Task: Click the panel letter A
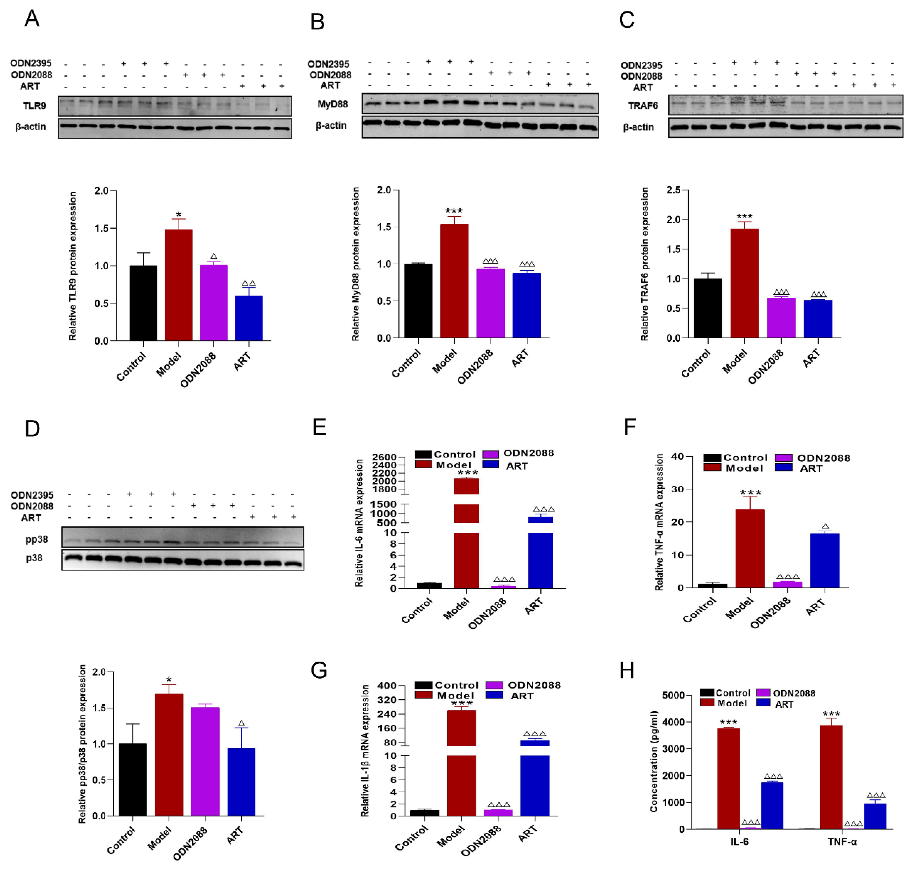(32, 19)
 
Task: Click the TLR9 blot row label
(34, 106)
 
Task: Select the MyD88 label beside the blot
(332, 104)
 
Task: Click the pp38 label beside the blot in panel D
(37, 539)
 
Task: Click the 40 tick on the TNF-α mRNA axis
(677, 457)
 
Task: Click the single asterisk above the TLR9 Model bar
(179, 214)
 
